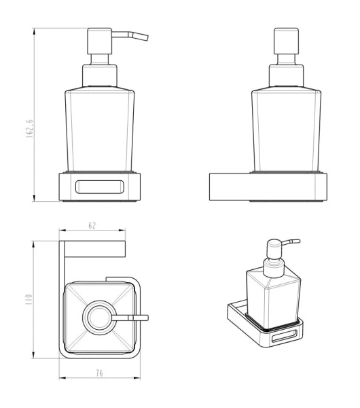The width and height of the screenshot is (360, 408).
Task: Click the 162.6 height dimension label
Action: tap(30, 129)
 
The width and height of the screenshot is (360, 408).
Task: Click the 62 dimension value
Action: tap(92, 226)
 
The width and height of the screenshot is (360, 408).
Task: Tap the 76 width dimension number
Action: tap(99, 373)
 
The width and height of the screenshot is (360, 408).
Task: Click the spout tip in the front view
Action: tap(147, 37)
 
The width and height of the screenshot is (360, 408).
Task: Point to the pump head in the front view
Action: tap(100, 41)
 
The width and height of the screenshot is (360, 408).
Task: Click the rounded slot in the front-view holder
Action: tap(100, 186)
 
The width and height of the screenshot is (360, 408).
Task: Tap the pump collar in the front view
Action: tap(100, 75)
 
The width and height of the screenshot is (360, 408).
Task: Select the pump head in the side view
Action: tap(286, 41)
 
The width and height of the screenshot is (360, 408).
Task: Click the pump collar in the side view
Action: tap(286, 75)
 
